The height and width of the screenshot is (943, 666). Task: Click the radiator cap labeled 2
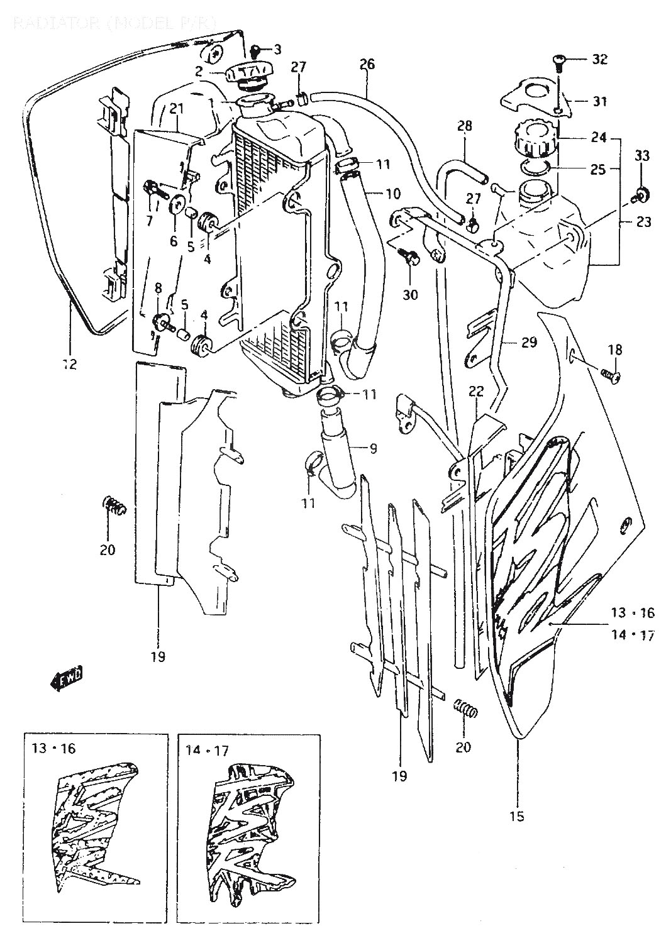(x=248, y=75)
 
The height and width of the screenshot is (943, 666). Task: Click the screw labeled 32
(x=558, y=60)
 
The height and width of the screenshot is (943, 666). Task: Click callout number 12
(x=69, y=363)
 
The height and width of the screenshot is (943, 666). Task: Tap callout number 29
(x=529, y=343)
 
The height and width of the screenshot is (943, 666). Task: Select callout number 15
(x=518, y=817)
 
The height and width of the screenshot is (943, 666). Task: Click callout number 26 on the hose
(x=367, y=64)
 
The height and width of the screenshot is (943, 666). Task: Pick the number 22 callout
(x=475, y=391)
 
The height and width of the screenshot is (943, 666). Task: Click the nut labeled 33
(x=641, y=193)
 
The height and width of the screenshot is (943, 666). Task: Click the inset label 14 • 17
(x=207, y=750)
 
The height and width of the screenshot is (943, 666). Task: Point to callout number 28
(x=464, y=126)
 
